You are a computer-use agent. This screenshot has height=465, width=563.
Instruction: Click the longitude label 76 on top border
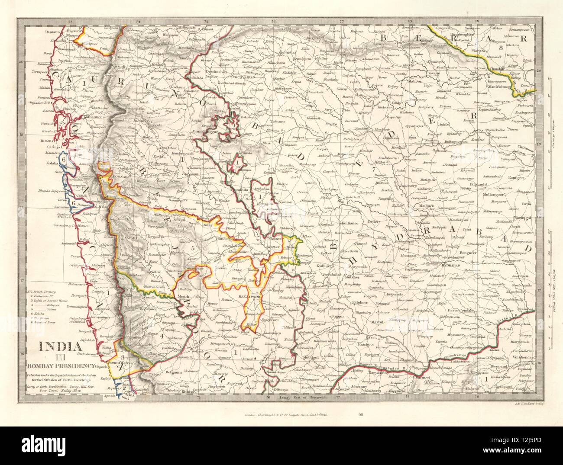(274, 21)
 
